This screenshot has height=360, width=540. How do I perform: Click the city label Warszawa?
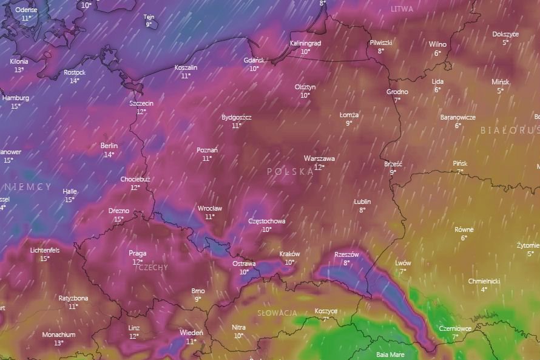[x=319, y=158]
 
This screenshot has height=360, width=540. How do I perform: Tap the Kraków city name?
[x=289, y=254]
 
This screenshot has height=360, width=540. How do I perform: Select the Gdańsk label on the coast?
[x=254, y=60]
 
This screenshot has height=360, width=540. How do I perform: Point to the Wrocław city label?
[x=210, y=208]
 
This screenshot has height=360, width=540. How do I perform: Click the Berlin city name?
[x=109, y=146]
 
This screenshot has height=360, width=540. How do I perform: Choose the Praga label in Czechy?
[x=138, y=253]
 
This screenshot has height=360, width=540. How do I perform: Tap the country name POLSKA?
[x=290, y=172]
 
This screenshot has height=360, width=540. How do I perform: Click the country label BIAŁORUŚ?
[x=510, y=130]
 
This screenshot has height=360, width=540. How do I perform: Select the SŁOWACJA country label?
[x=277, y=313]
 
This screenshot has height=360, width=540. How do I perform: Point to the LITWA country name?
[x=402, y=9]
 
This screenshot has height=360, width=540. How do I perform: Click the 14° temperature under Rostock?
[x=74, y=81]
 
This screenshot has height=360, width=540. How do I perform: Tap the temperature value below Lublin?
[x=362, y=210]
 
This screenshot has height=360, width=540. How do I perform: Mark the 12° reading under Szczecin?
[x=141, y=112]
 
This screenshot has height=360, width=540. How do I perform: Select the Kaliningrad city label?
[x=305, y=43]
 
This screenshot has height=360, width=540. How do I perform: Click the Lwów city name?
[x=403, y=263]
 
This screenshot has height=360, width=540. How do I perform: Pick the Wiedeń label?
[x=191, y=333]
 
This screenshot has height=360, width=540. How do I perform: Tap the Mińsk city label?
[x=501, y=82]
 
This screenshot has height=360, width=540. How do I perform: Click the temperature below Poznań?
[x=207, y=158]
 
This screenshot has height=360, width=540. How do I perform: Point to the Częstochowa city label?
[x=267, y=221]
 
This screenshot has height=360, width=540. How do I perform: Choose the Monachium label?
[x=59, y=335]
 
